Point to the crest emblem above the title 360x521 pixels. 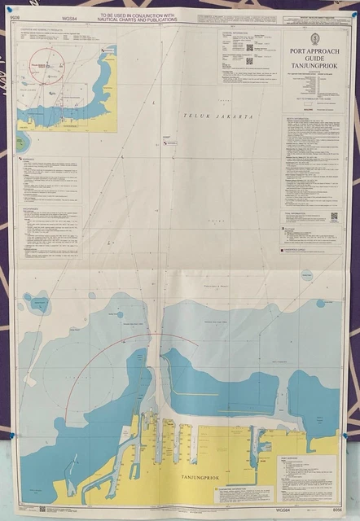click(x=314, y=38)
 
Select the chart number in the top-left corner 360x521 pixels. click(x=13, y=15)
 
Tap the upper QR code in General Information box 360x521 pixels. click(x=250, y=47)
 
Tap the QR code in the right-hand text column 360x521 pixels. click(x=334, y=217)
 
